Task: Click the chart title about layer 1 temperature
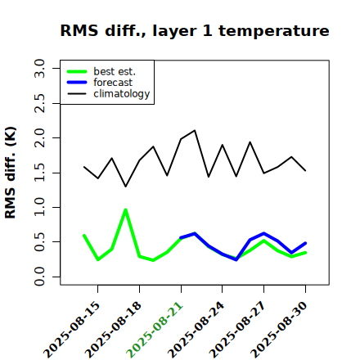pos(195,30)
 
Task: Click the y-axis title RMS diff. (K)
pos(11,173)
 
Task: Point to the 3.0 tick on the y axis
pos(39,68)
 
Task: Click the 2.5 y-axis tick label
pos(39,103)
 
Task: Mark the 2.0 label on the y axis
pos(39,138)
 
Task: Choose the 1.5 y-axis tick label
pos(39,173)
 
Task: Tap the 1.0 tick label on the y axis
pos(39,207)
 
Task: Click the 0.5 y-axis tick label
pos(39,242)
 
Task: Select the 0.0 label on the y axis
pos(39,277)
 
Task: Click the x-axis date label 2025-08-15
pos(71,331)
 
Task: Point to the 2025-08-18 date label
pos(113,331)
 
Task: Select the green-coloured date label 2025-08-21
pos(155,331)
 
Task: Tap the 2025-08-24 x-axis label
pos(196,331)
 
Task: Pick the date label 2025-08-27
pos(237,331)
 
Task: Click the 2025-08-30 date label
pos(279,331)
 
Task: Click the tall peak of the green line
pos(126,210)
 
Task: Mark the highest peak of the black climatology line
pos(195,130)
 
